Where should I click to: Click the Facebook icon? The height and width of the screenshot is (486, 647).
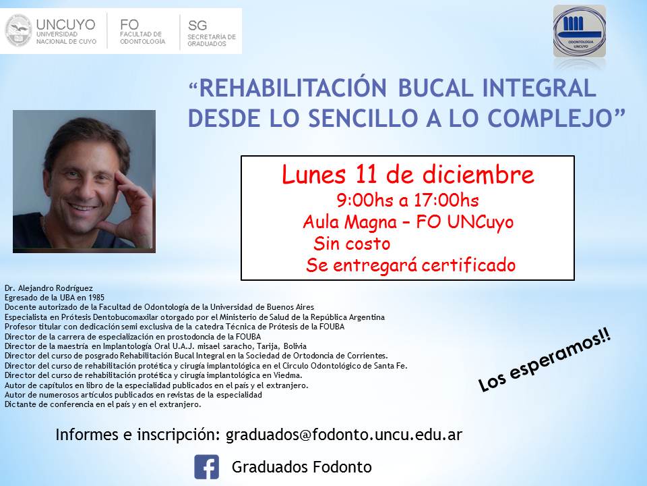click(x=206, y=467)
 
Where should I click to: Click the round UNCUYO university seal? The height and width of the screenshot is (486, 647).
click(x=18, y=30)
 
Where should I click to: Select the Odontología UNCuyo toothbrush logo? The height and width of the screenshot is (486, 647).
click(x=580, y=32)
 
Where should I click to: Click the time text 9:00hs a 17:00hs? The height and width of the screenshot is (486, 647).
click(x=408, y=200)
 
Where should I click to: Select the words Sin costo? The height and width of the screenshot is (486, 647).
click(x=352, y=243)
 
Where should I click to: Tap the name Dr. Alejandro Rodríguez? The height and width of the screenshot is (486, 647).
click(x=49, y=288)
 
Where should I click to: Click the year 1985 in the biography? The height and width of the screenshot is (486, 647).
click(x=96, y=298)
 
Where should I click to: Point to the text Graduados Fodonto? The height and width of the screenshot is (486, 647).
click(x=302, y=467)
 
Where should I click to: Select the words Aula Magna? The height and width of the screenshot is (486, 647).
click(x=350, y=222)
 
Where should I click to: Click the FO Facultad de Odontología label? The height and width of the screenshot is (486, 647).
click(x=142, y=31)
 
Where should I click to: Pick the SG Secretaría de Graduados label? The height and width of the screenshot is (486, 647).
click(x=211, y=32)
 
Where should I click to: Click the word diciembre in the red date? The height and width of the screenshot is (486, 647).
click(x=478, y=174)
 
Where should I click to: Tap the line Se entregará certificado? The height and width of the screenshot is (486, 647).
click(x=410, y=265)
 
